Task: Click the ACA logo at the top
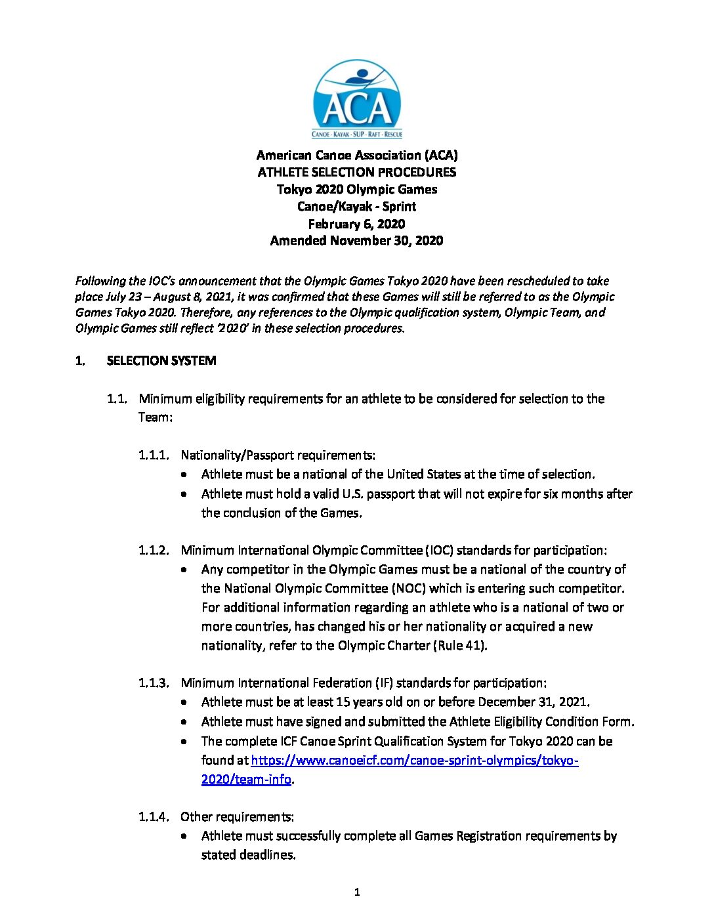357,99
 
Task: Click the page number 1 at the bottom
357,892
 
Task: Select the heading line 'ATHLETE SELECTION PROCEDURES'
357,173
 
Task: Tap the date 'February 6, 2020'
357,224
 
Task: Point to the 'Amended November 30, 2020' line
357,241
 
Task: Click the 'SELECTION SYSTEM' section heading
161,361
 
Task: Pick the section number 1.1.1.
154,455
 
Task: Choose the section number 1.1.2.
154,551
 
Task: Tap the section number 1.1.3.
154,683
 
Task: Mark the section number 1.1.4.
154,817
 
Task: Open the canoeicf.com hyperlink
414,761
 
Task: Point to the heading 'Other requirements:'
238,817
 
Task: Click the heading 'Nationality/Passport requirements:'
278,455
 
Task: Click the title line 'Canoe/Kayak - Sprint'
357,207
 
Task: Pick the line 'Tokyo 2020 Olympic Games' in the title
357,190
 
